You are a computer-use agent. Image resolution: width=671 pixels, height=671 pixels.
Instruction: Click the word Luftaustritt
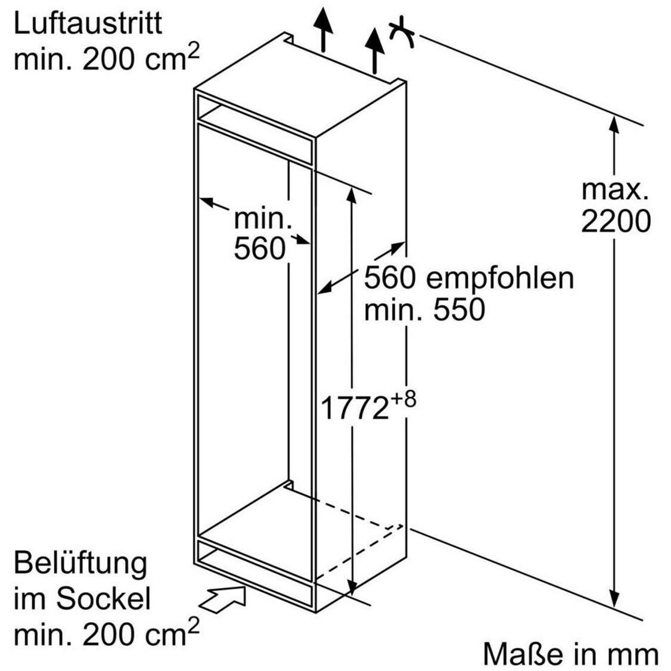pos(88,24)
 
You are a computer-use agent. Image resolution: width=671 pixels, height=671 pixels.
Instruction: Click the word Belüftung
pos(80,564)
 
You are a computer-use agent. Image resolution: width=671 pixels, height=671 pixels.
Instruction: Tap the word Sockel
pos(104,599)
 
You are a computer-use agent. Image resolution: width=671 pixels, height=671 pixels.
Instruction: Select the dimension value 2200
pos(616,222)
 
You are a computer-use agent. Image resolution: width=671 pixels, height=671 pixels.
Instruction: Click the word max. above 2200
pos(615,190)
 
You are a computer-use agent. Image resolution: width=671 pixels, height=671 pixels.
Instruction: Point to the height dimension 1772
pos(355,408)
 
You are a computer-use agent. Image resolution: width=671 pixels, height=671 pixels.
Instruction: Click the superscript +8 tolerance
pos(403,397)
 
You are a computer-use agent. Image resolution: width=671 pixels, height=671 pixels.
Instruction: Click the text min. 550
pos(424,310)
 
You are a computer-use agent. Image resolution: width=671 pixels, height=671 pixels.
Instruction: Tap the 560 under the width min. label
pos(259,248)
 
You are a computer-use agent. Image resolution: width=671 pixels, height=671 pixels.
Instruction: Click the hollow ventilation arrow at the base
pos(225,598)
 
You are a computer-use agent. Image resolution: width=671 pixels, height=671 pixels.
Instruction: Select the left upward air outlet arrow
pos(322,27)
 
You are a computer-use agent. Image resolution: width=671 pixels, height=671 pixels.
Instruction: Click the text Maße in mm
pos(570,654)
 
